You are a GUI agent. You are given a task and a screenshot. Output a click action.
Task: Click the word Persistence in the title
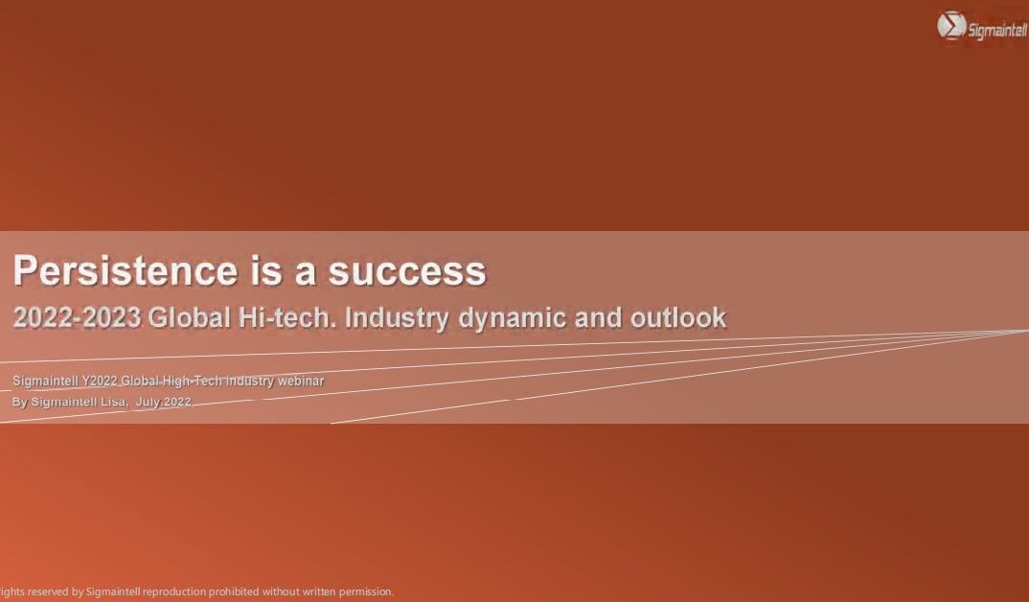pos(126,270)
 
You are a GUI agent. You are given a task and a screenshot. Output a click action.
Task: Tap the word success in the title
pos(407,271)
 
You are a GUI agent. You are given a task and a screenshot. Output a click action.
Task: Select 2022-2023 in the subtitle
pos(77,317)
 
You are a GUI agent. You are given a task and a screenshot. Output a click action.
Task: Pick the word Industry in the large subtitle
pos(397,318)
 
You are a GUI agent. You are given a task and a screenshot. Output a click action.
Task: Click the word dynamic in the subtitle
pos(512,318)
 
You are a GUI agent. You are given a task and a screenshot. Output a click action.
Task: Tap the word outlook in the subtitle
pos(678,317)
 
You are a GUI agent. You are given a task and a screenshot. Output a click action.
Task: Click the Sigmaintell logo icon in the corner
pos(950,26)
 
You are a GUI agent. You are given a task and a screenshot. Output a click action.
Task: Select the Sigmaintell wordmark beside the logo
pos(996,30)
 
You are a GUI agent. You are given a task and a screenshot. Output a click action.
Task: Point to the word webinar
pos(301,381)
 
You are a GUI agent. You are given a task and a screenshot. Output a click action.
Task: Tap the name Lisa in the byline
pos(113,402)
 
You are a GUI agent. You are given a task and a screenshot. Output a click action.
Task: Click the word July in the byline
pos(148,402)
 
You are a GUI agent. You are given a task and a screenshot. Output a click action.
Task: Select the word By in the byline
pos(20,402)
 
